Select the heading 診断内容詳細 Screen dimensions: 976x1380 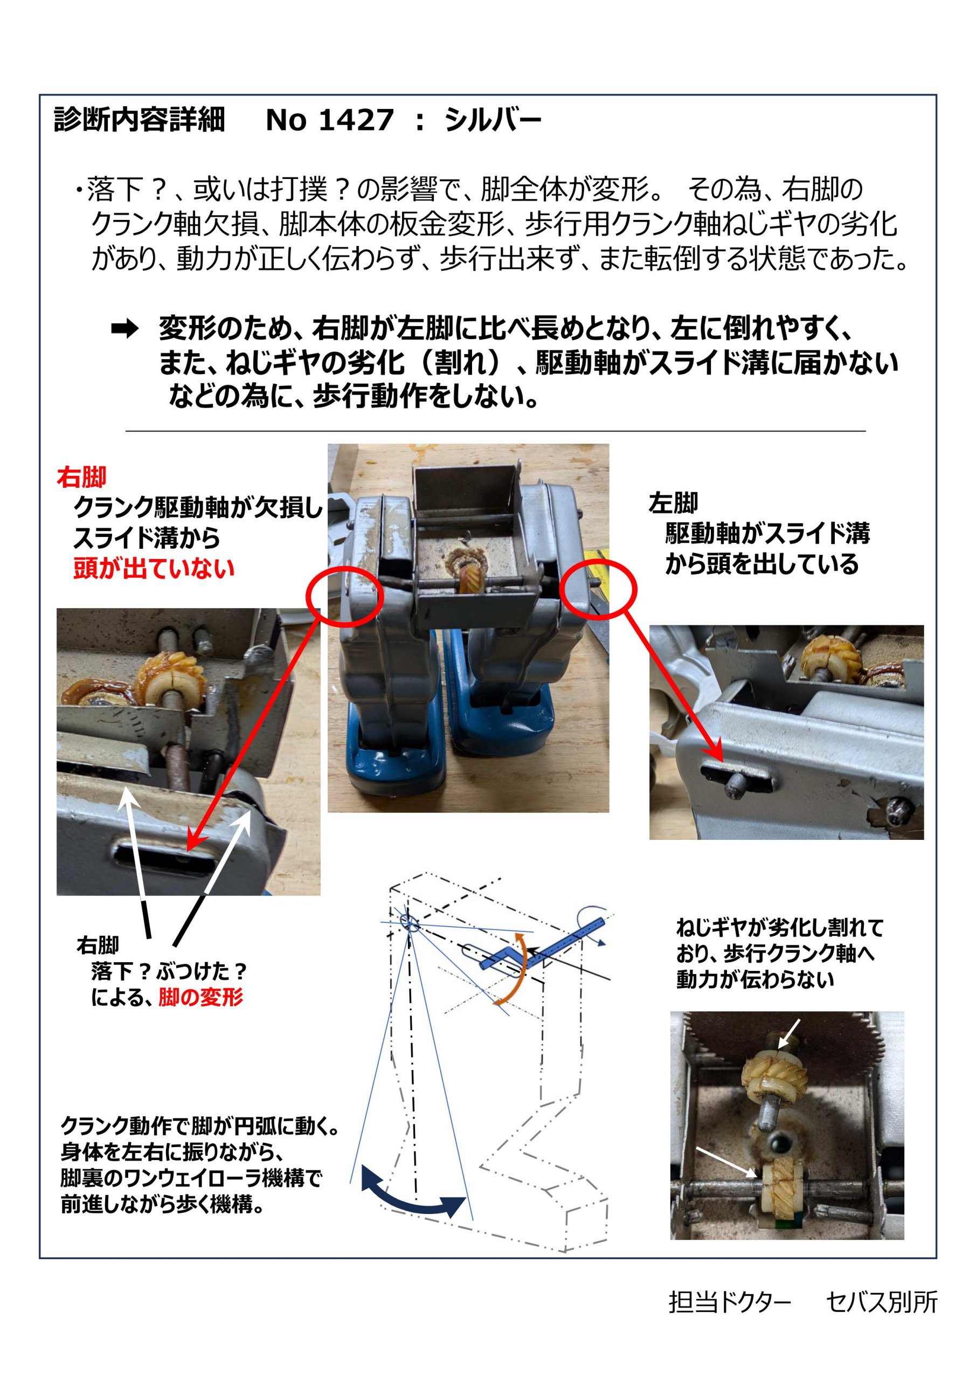coord(139,120)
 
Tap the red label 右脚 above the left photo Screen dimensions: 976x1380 coord(81,478)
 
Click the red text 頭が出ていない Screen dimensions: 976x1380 coord(154,568)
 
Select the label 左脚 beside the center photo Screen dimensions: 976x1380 coord(673,502)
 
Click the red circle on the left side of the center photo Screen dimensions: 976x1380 coord(344,595)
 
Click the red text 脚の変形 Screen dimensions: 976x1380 coord(200,998)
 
